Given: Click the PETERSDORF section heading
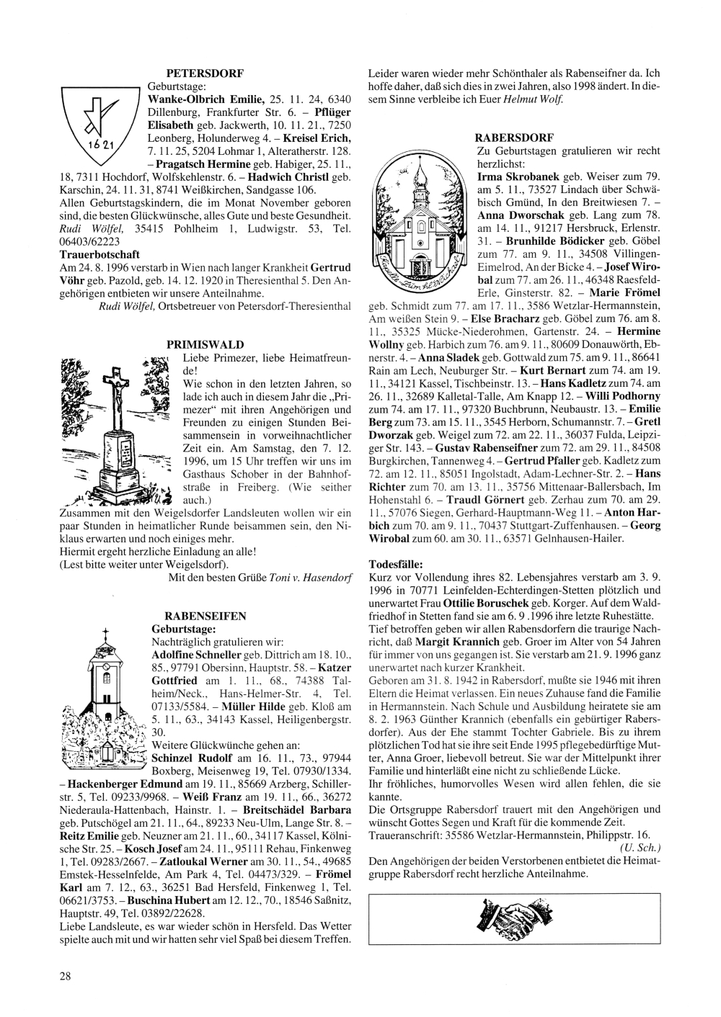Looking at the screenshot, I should [205, 73].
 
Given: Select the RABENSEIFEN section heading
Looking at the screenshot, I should [205, 616].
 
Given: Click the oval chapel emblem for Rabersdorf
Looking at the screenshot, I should [421, 232].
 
